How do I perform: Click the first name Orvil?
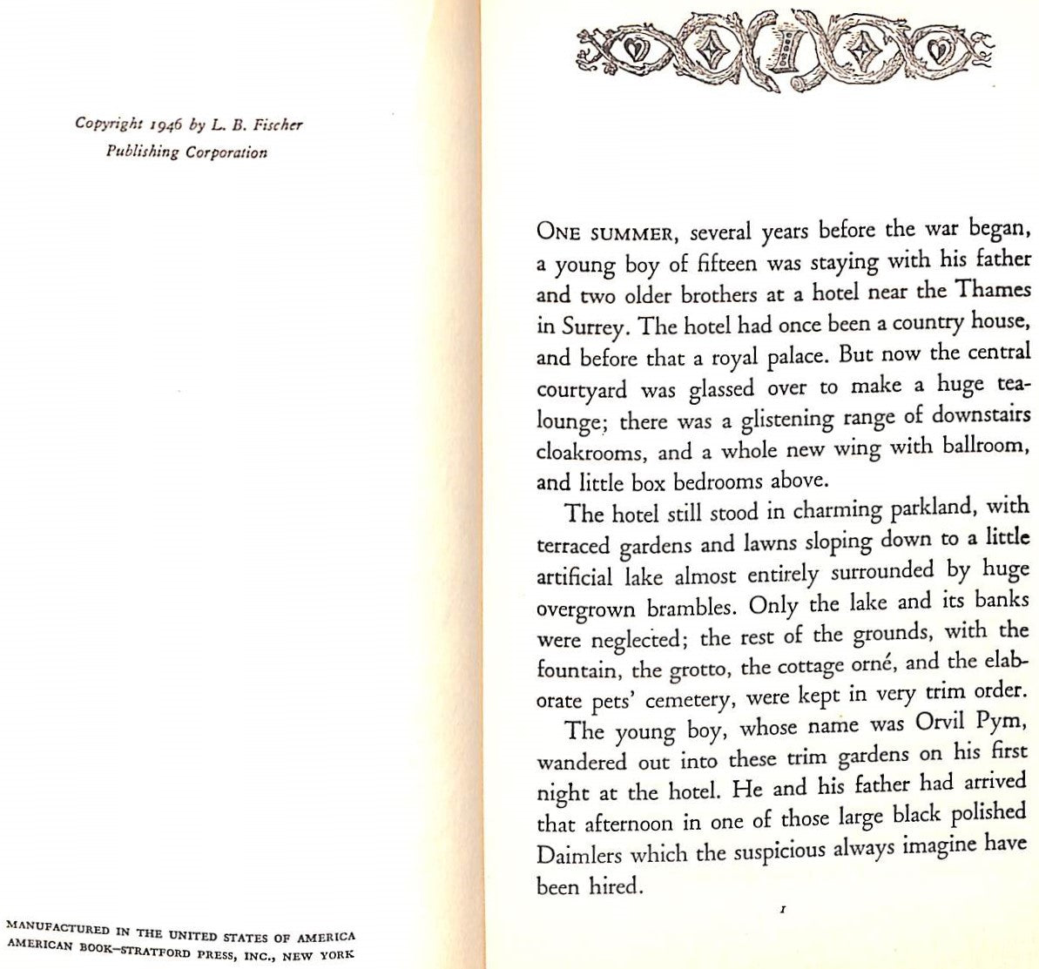click(x=948, y=724)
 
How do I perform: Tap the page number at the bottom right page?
click(x=785, y=912)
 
